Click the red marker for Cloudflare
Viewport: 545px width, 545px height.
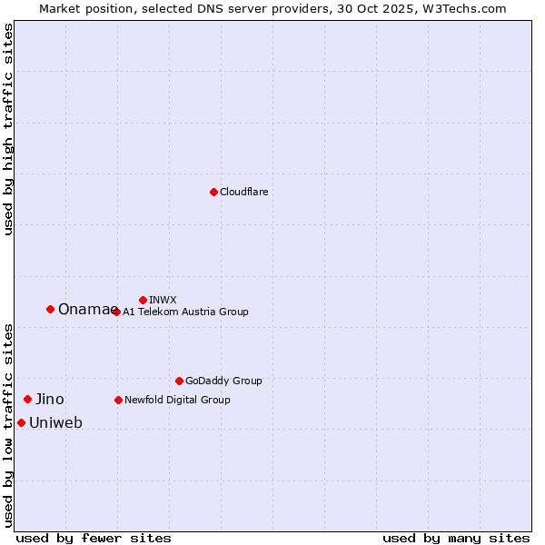click(x=213, y=192)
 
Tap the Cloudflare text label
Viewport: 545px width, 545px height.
click(x=244, y=193)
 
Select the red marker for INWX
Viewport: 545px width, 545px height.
click(x=143, y=300)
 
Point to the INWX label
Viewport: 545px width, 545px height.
click(x=163, y=300)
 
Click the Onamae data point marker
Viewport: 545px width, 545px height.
click(x=50, y=309)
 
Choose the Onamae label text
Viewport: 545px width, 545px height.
click(x=87, y=310)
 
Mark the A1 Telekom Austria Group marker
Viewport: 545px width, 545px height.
click(x=116, y=312)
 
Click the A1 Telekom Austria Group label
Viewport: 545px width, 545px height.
click(x=185, y=312)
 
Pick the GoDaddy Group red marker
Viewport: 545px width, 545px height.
click(x=179, y=381)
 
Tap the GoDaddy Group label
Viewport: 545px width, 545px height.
click(x=223, y=381)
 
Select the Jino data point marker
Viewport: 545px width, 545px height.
click(x=28, y=399)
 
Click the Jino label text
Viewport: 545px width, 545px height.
click(x=50, y=400)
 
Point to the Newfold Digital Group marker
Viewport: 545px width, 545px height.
click(x=118, y=400)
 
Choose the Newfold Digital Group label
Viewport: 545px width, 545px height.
click(x=177, y=400)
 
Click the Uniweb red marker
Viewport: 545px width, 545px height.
click(x=21, y=422)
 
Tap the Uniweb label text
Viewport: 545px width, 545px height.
click(x=55, y=423)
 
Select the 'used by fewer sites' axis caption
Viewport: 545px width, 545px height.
click(x=94, y=538)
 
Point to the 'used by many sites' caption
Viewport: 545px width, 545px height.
click(x=456, y=538)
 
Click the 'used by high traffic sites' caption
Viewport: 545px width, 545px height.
click(x=8, y=129)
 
